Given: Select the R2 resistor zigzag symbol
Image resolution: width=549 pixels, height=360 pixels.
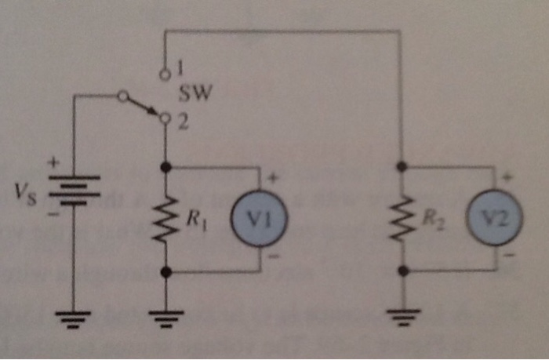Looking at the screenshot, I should [x=402, y=220].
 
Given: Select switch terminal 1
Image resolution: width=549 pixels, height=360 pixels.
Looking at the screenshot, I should [x=165, y=75].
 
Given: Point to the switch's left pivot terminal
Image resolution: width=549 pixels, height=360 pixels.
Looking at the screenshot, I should [x=121, y=96].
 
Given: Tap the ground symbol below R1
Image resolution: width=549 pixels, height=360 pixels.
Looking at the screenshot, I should [x=165, y=316].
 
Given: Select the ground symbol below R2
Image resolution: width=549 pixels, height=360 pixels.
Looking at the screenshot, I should [x=402, y=316].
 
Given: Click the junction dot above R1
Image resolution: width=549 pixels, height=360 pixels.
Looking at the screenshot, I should [x=165, y=167].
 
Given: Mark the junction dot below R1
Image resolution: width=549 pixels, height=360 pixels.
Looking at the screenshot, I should [x=165, y=272].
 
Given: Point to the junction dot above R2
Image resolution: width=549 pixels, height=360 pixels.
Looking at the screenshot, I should [x=402, y=166].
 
